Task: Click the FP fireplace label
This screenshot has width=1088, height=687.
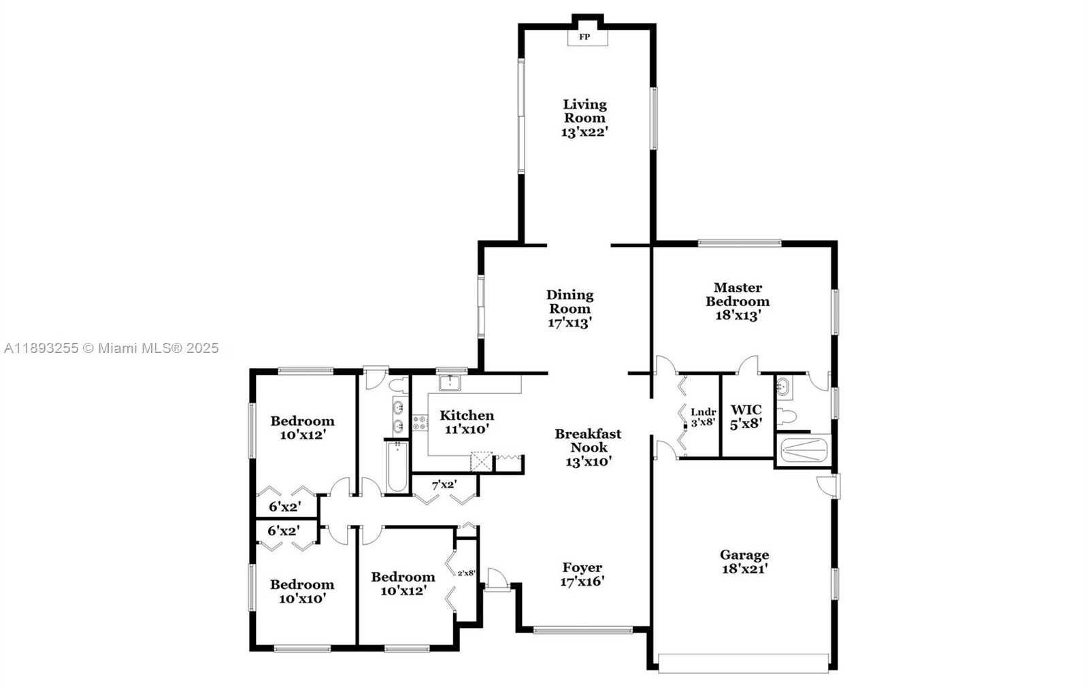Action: coord(584,37)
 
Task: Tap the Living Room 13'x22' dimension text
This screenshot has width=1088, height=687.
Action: coord(584,132)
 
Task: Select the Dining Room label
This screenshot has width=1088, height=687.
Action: coord(570,301)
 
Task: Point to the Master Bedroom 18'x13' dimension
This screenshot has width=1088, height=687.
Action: coord(738,316)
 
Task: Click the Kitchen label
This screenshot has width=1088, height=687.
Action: coord(467,415)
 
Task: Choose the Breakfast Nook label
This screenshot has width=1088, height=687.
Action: coord(588,440)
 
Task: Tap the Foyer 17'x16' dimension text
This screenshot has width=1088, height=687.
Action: coord(582,582)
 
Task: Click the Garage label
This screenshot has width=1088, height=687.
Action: coord(744,554)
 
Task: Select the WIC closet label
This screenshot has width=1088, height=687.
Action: coord(746,409)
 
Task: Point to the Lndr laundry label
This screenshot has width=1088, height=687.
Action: coord(704,412)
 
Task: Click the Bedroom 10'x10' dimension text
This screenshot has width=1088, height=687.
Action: coord(302,599)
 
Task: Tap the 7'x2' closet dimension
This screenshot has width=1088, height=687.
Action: coord(444,484)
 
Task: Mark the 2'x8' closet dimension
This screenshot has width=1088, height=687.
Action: coord(466,573)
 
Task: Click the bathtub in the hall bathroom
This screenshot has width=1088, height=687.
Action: coord(397,467)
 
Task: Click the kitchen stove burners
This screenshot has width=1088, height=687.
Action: coord(420,422)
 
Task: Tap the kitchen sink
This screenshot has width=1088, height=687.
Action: coord(450,382)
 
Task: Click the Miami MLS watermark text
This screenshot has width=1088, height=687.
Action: coord(111,348)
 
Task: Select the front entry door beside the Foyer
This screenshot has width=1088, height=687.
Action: coord(497,580)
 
